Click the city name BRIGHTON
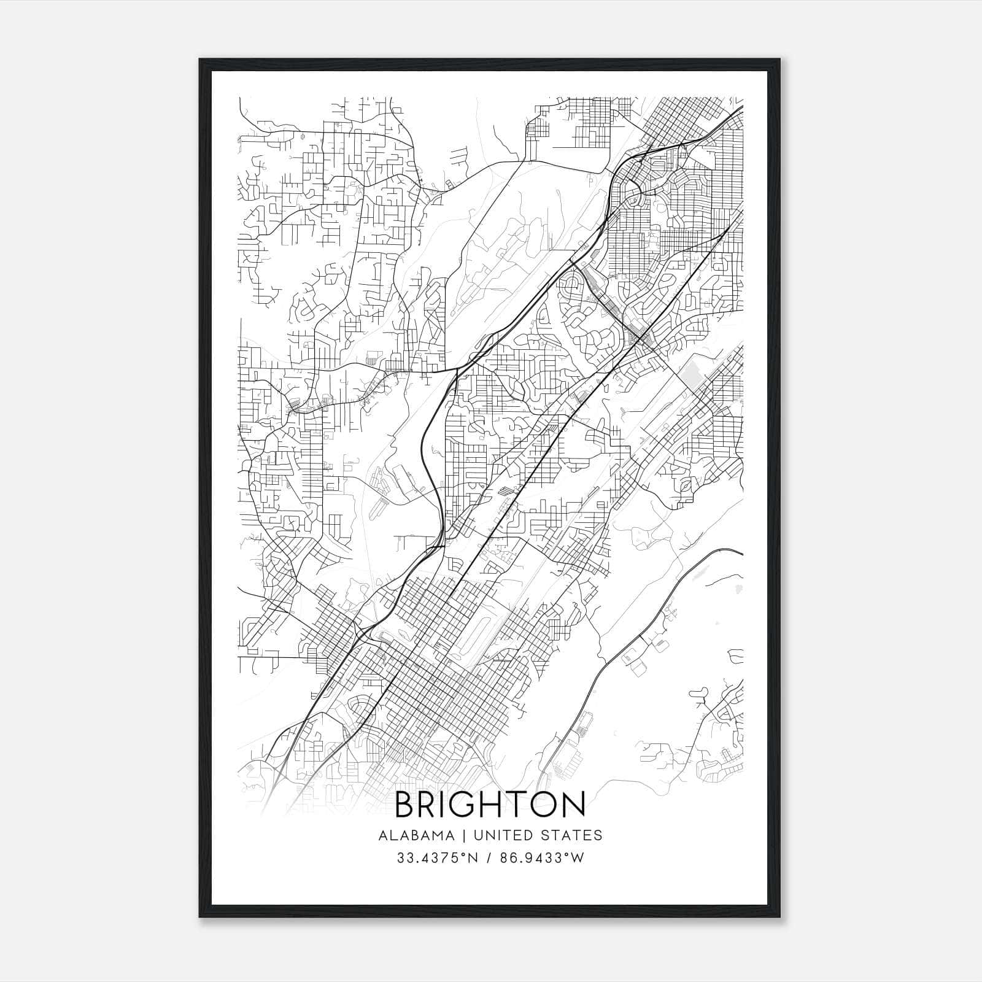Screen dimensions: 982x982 tap(490, 805)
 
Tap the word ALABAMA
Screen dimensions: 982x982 tap(417, 835)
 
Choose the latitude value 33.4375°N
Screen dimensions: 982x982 tap(437, 858)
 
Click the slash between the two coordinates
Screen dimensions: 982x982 tap(490, 858)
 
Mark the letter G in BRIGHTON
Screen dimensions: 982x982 tap(464, 805)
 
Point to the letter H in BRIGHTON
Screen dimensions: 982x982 tap(492, 805)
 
